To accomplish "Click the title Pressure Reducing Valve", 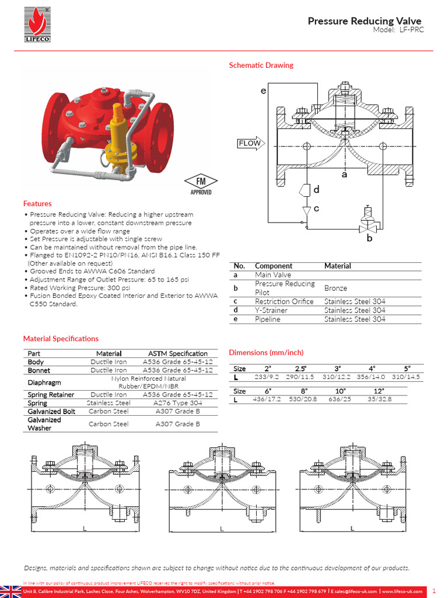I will [x=365, y=21].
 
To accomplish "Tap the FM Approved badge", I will [x=201, y=183].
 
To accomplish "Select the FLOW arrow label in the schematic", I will [x=250, y=143].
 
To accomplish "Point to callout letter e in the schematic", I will [x=263, y=91].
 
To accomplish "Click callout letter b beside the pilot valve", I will [x=369, y=238].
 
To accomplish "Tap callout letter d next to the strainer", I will [x=316, y=190].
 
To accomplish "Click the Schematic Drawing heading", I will [x=261, y=65].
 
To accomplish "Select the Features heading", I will [x=37, y=204].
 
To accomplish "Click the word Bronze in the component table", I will [x=335, y=288].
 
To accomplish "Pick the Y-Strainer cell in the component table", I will [x=271, y=311].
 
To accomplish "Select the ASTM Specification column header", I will [x=177, y=353].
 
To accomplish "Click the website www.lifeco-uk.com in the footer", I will [x=402, y=592].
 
